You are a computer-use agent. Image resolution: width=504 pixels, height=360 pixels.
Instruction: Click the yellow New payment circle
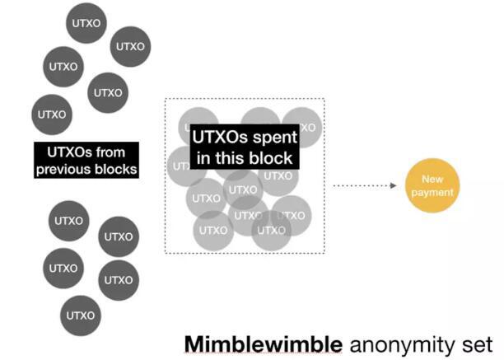click(x=431, y=186)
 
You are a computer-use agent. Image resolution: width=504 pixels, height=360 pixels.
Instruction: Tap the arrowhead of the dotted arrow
click(x=396, y=186)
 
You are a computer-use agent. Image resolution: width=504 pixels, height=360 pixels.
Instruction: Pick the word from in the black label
click(x=119, y=152)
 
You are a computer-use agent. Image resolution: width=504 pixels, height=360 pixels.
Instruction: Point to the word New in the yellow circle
click(x=431, y=180)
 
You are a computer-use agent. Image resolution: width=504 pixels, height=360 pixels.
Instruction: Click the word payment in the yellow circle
click(x=431, y=192)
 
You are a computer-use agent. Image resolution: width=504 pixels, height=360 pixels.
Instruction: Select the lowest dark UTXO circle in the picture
click(x=80, y=315)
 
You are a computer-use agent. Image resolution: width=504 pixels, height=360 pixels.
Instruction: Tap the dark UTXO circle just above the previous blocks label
click(x=51, y=115)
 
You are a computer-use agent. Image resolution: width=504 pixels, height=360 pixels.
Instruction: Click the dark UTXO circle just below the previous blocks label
click(x=68, y=221)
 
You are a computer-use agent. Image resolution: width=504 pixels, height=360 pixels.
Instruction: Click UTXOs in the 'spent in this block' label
click(x=219, y=136)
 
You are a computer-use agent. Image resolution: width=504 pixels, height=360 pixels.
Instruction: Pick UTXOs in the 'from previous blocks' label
click(x=66, y=152)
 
